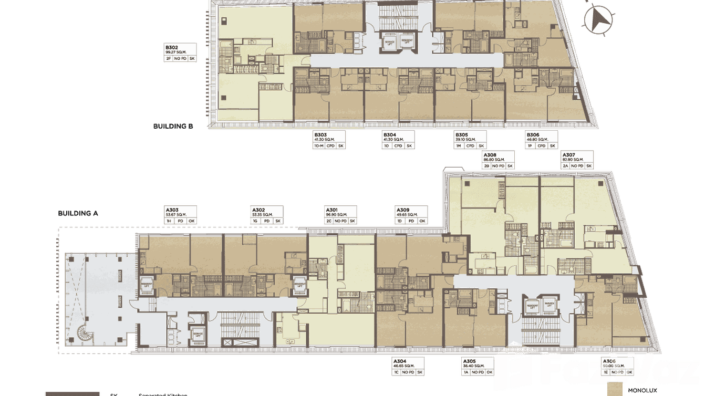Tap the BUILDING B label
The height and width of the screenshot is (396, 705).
pos(173,126)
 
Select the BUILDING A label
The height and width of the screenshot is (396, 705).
pos(78,214)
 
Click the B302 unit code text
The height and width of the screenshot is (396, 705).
pos(172,47)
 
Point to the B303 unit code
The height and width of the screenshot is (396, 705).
pos(320,135)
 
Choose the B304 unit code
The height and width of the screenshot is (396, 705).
pos(389,135)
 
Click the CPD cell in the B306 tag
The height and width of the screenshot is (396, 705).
pos(541,146)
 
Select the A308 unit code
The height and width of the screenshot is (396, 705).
pos(490,155)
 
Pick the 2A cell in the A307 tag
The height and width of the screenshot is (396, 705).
pos(566,166)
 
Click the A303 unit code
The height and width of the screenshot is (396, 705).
pos(172,210)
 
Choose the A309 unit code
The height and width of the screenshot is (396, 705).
pos(403,210)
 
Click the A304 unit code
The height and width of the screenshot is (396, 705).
pos(400,361)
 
